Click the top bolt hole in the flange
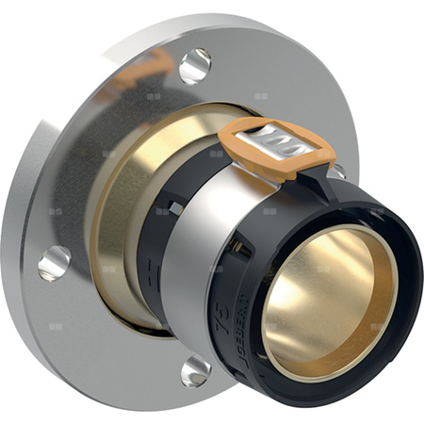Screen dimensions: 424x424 (x=194, y=65)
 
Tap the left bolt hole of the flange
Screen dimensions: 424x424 (x=54, y=263)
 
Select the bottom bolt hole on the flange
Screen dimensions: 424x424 (x=196, y=370)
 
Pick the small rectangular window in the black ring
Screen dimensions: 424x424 (x=176, y=208)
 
